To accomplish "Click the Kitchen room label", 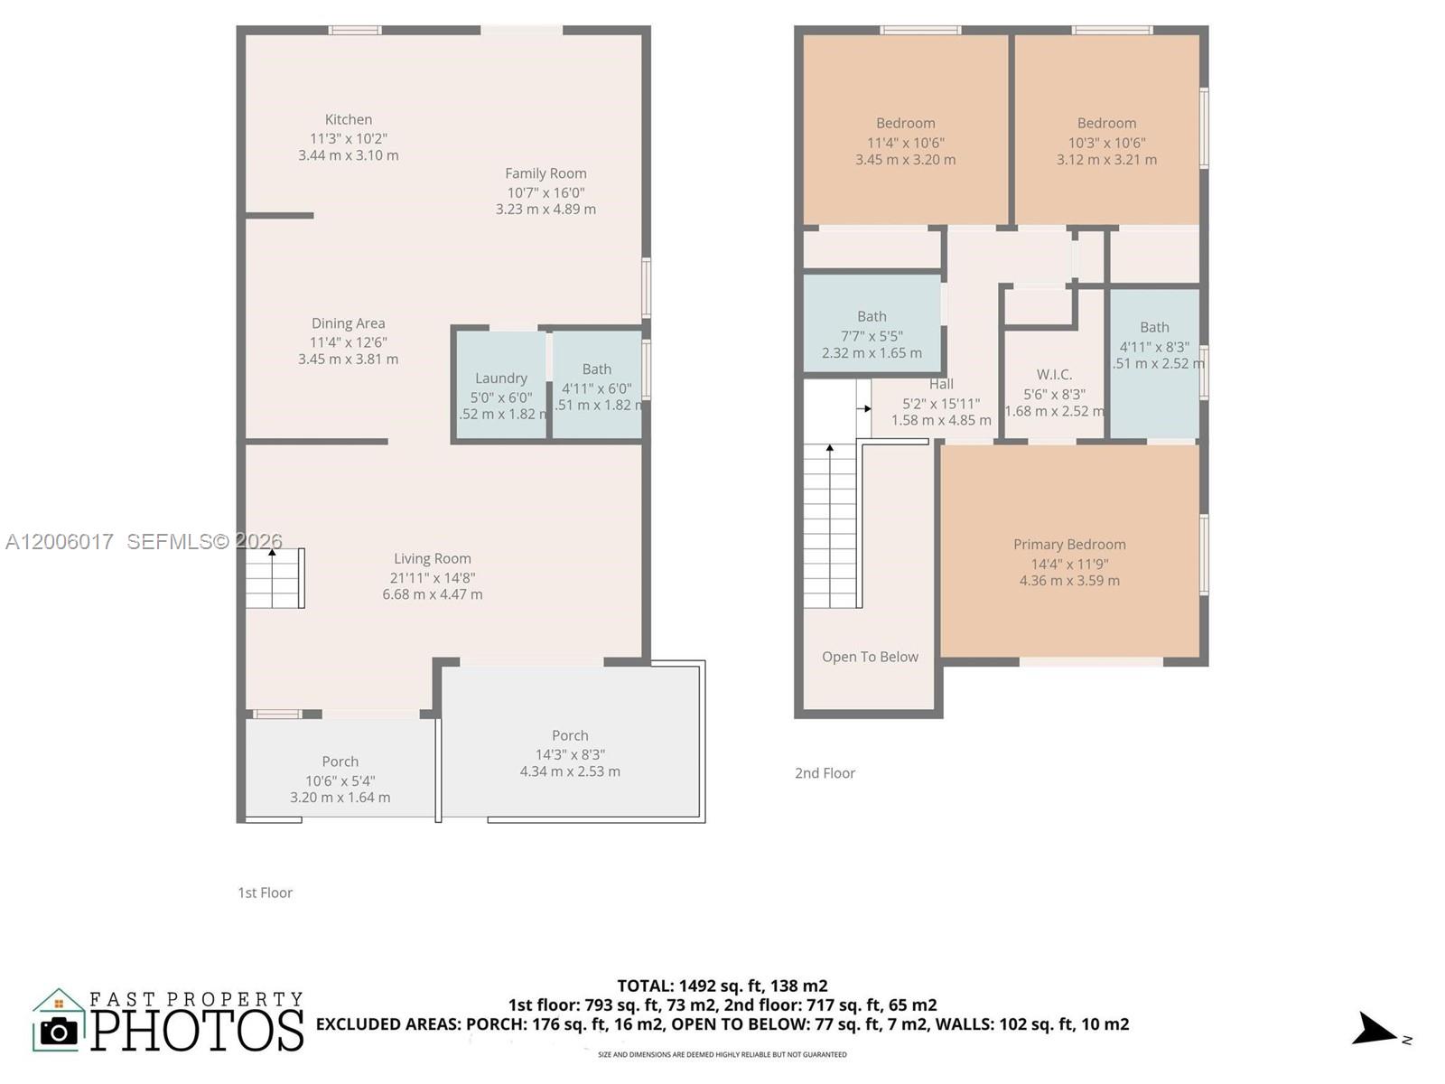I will (x=349, y=119).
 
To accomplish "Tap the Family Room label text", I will (x=545, y=173).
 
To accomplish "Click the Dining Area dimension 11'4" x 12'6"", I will (x=348, y=342).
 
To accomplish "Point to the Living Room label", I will (x=432, y=558).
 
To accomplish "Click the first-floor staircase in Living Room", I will (x=275, y=578).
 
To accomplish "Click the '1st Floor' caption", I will (x=265, y=892).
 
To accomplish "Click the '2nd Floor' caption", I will (x=825, y=773).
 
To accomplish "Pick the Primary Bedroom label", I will (x=1069, y=545).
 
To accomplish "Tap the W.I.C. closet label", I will (x=1054, y=375).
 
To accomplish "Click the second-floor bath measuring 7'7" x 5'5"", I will (x=872, y=325).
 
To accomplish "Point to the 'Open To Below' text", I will (x=870, y=657).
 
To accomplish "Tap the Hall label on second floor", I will (x=941, y=384).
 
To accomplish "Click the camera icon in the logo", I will (x=60, y=1031).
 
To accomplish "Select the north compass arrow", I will (x=1375, y=1030).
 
